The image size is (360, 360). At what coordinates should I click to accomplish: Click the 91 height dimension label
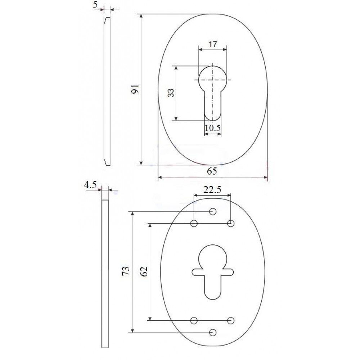click(135, 89)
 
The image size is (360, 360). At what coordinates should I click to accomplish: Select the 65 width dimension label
click(212, 171)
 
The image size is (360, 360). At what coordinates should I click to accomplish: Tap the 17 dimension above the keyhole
click(213, 44)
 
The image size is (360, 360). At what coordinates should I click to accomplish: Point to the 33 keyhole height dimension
click(171, 93)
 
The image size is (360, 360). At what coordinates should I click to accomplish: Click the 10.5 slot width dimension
click(213, 128)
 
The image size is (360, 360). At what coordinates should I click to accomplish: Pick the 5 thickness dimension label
click(95, 5)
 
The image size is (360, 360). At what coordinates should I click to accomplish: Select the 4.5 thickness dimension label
click(90, 185)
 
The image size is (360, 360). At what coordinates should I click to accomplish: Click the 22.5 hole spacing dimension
click(212, 190)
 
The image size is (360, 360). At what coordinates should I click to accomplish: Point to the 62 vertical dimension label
click(144, 271)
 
